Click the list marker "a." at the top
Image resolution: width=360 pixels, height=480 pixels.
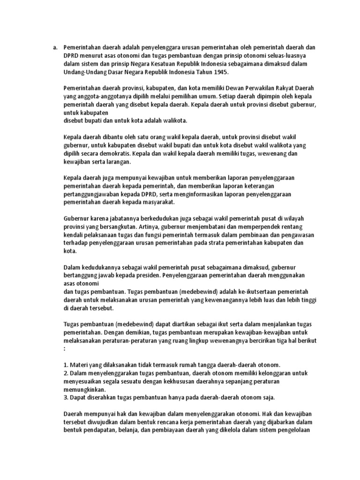click(x=54, y=47)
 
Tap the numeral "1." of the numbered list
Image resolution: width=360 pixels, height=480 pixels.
click(x=66, y=365)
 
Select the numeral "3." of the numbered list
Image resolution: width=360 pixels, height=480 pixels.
click(x=66, y=397)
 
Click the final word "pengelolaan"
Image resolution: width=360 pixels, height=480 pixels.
click(x=300, y=430)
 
